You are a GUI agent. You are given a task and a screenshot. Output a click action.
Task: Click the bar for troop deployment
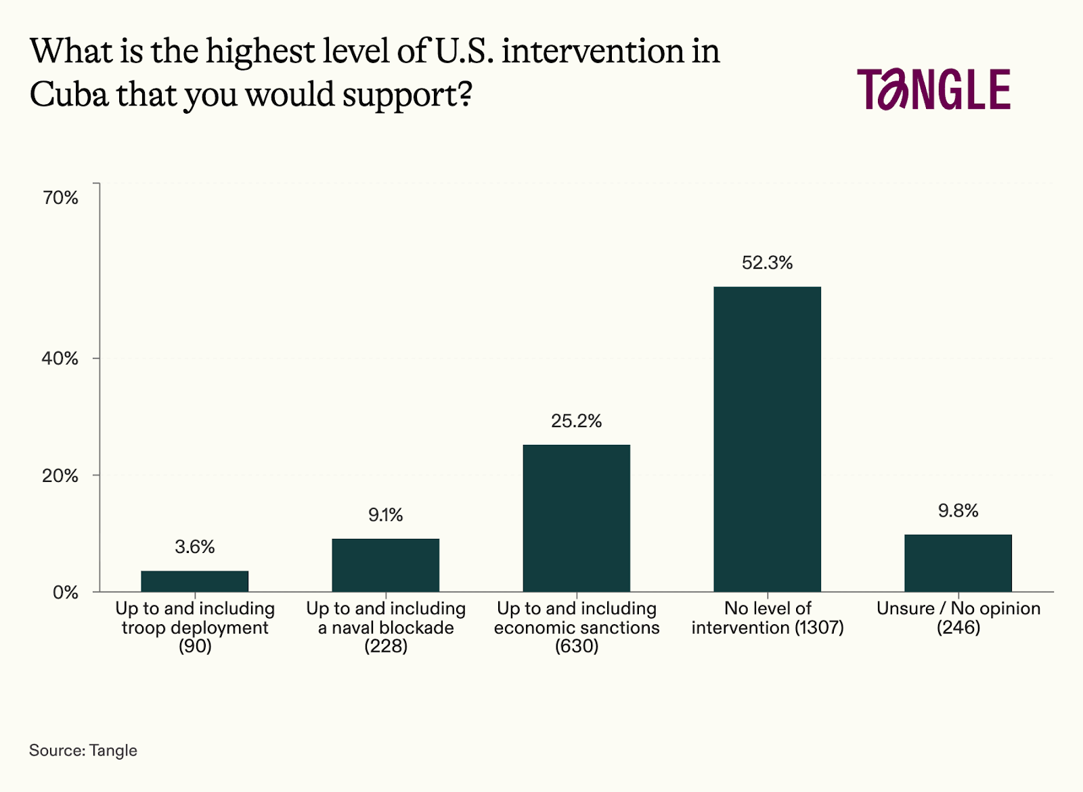(x=195, y=581)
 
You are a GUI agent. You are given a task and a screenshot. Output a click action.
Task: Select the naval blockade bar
(x=386, y=565)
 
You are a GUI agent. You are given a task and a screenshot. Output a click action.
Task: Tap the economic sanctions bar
(x=577, y=518)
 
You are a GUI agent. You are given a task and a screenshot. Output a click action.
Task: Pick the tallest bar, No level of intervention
(x=768, y=439)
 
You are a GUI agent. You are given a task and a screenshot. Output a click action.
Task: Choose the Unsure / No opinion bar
(x=958, y=563)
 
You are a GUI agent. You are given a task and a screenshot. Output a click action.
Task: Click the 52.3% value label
(x=768, y=263)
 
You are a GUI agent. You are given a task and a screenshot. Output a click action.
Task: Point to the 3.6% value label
(x=195, y=547)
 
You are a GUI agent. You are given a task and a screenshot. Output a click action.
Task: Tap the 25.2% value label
(x=577, y=421)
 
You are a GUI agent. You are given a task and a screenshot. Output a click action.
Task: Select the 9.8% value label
(x=958, y=511)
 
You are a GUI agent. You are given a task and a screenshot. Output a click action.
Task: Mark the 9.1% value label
(x=386, y=515)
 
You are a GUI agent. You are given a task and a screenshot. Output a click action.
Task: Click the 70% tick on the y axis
(x=61, y=198)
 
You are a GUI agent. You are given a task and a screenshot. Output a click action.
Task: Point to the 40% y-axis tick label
(x=61, y=358)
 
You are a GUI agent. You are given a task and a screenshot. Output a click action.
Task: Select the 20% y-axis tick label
(x=61, y=476)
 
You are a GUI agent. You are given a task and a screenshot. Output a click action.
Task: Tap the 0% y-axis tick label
(x=66, y=593)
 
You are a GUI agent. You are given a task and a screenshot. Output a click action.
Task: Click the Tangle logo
(x=934, y=89)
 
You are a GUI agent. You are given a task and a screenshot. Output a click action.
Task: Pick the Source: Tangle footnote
(x=83, y=750)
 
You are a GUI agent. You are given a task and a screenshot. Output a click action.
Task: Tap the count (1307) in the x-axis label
(x=819, y=628)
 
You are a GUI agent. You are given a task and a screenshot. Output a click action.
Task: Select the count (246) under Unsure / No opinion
(x=958, y=628)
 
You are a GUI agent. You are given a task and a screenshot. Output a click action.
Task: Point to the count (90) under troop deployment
(x=195, y=646)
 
